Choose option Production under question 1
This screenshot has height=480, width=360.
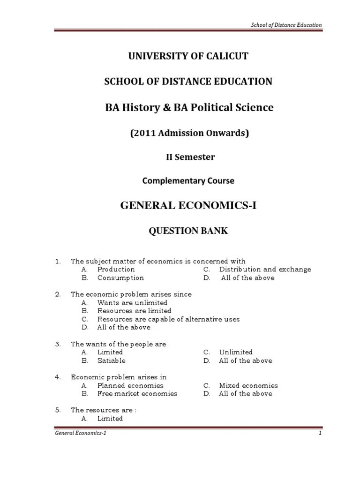(116, 270)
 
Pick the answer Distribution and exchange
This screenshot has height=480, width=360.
(265, 270)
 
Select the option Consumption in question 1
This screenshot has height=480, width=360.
(120, 278)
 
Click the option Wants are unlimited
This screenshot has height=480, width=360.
(132, 303)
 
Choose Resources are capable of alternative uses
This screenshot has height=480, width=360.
(168, 319)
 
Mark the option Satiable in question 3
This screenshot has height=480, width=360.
(111, 360)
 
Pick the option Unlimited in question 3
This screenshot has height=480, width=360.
(235, 352)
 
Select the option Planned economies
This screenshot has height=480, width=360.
(130, 385)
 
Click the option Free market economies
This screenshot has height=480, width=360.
(137, 394)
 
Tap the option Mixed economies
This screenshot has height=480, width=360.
(248, 385)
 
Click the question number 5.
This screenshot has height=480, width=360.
(58, 410)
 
